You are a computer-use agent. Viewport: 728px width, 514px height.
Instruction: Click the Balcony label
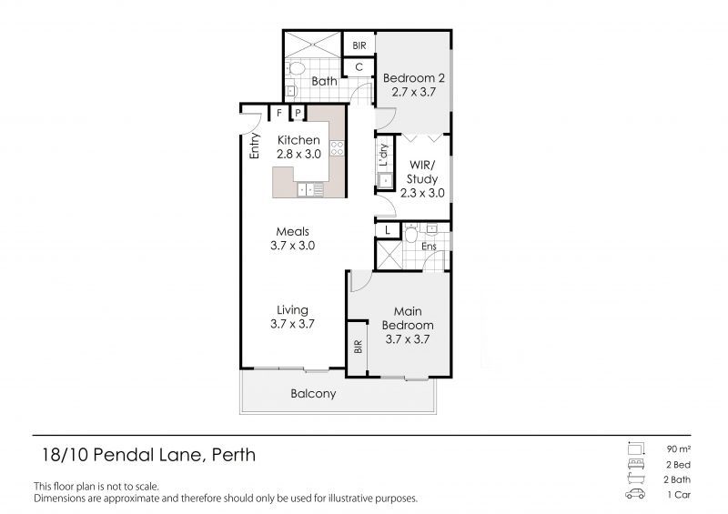click(x=313, y=394)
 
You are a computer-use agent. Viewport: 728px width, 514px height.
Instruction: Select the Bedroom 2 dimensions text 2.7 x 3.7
click(x=413, y=92)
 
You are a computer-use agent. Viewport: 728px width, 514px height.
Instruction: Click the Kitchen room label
click(x=298, y=140)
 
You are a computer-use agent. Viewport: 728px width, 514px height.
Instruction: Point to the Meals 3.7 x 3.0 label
click(x=292, y=238)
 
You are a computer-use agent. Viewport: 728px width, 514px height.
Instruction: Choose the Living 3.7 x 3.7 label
click(x=292, y=317)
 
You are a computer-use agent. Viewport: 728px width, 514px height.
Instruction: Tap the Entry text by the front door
click(x=256, y=146)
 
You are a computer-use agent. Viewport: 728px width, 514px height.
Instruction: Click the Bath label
click(x=325, y=81)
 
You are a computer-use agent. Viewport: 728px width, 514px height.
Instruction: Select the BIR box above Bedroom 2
click(x=359, y=44)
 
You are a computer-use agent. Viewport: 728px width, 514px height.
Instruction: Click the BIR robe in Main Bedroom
click(x=358, y=347)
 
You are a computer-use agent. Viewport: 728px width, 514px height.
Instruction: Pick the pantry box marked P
click(x=297, y=113)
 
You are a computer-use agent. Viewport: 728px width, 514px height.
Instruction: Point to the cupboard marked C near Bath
click(x=359, y=66)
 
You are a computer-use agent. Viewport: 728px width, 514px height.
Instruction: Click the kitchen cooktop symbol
click(x=337, y=148)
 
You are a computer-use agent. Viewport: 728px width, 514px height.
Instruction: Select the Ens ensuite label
click(x=429, y=246)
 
